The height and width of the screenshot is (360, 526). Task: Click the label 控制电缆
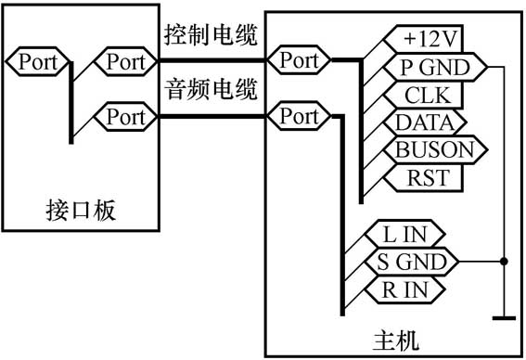pyautogui.click(x=210, y=36)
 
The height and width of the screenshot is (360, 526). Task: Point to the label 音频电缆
pyautogui.click(x=210, y=91)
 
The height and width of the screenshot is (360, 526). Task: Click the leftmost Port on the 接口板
pyautogui.click(x=37, y=62)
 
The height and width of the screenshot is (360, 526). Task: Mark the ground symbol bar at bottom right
pyautogui.click(x=504, y=318)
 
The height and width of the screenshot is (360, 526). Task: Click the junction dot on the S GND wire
pyautogui.click(x=504, y=262)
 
